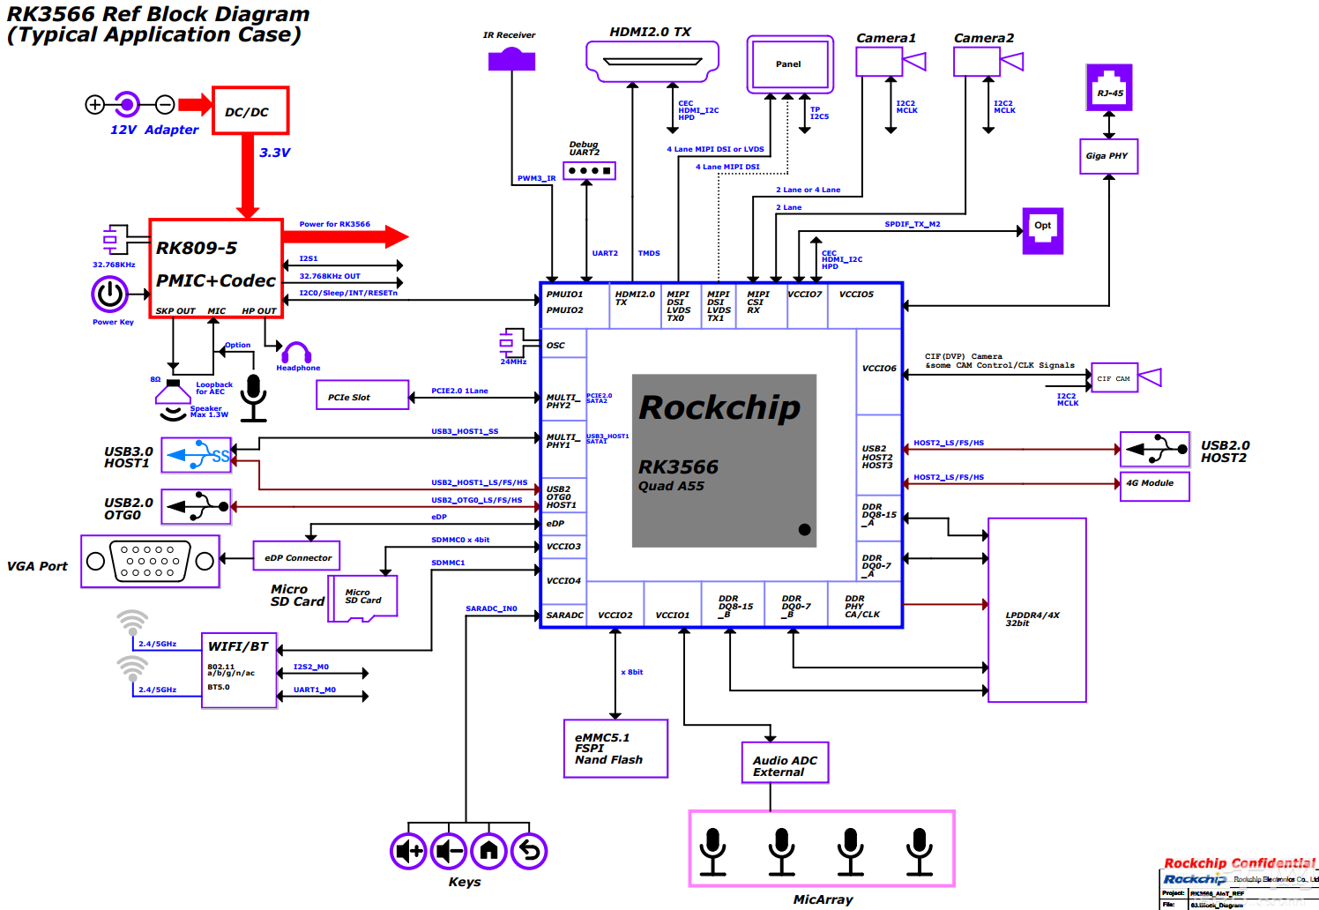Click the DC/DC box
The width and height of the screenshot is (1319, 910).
point(250,111)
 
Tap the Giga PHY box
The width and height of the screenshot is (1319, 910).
point(1108,156)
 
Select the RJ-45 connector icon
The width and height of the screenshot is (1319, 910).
point(1109,88)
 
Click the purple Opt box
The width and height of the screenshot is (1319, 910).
point(1042,231)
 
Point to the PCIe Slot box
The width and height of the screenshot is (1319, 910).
point(362,395)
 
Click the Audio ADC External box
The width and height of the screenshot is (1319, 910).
point(785,763)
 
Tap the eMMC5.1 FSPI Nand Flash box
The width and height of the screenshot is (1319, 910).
point(615,749)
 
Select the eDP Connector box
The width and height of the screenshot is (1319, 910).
point(297,556)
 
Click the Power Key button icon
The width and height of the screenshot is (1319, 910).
point(110,295)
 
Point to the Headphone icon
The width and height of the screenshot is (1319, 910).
point(297,353)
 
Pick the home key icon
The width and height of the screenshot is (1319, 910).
point(489,851)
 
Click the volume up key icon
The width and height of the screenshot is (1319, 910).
point(409,851)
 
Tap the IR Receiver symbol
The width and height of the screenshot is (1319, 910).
point(511,59)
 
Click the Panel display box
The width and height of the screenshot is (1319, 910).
point(790,64)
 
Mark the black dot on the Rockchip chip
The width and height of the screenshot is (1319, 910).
point(804,530)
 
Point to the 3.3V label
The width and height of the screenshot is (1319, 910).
point(274,153)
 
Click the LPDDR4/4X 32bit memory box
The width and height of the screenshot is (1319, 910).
point(1037,610)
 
